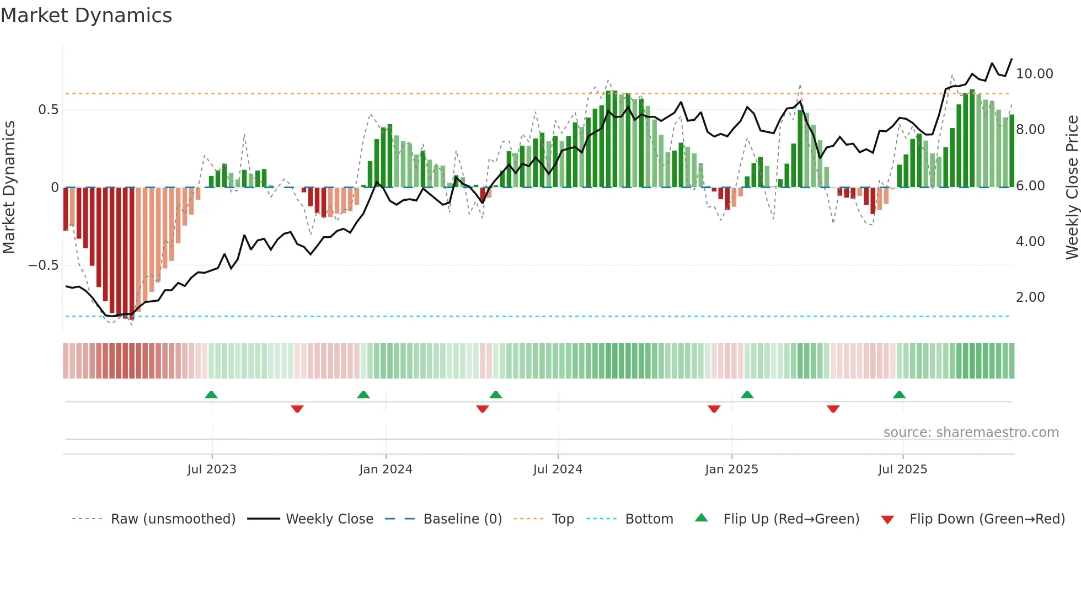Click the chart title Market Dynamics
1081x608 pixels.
click(87, 15)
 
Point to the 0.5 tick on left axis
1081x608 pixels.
click(48, 110)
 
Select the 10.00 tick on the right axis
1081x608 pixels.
click(1034, 74)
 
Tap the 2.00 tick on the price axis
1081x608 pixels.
click(1030, 297)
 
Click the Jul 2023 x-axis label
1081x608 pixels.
click(212, 470)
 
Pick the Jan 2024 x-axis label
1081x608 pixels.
click(386, 470)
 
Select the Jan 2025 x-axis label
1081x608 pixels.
click(731, 470)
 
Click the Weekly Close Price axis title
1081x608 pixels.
click(1072, 187)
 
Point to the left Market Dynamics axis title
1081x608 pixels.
click(9, 187)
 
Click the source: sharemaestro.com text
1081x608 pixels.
click(971, 433)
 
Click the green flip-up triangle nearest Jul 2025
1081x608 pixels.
click(899, 395)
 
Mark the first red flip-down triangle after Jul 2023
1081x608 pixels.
click(297, 409)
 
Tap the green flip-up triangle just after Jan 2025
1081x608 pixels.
click(747, 395)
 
